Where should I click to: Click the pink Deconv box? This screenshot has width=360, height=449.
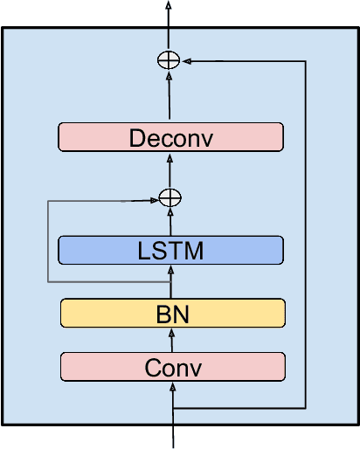pyautogui.click(x=170, y=137)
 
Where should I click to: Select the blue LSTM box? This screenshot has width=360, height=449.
pyautogui.click(x=170, y=251)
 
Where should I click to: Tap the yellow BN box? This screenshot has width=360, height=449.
pyautogui.click(x=172, y=313)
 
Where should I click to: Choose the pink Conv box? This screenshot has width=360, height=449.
pyautogui.click(x=172, y=367)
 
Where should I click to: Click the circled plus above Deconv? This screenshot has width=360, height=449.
pyautogui.click(x=167, y=60)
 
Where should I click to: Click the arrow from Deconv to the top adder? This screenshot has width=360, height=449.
pyautogui.click(x=168, y=96)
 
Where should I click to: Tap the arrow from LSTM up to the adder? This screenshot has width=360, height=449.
pyautogui.click(x=170, y=221)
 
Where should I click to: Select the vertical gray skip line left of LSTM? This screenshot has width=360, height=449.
pyautogui.click(x=47, y=241)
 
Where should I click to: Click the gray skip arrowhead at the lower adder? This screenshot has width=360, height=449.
pyautogui.click(x=154, y=200)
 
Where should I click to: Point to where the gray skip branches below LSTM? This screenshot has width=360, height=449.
pyautogui.click(x=170, y=282)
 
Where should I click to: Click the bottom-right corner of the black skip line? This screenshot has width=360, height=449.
pyautogui.click(x=305, y=408)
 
